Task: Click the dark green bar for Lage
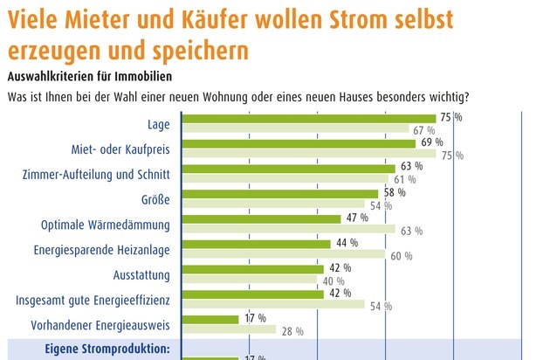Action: (x=308, y=118)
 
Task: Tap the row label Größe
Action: (x=155, y=199)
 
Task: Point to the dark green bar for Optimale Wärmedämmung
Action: (x=261, y=218)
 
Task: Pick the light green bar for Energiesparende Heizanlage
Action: (x=283, y=255)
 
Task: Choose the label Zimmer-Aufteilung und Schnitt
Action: (x=100, y=174)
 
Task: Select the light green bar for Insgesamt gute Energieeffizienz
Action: (x=272, y=305)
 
